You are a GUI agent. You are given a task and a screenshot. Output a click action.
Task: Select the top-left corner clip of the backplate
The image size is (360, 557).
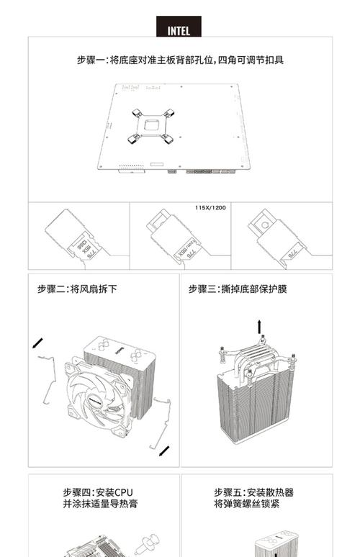(x=138, y=113)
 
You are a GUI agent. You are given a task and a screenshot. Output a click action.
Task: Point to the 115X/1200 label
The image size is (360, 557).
(x=210, y=207)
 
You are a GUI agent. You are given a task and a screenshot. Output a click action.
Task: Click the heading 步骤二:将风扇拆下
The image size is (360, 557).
(x=77, y=289)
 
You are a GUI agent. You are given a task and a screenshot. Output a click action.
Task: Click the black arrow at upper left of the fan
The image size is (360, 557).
(x=37, y=343)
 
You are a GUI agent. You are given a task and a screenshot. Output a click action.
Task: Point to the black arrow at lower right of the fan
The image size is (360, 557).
(x=165, y=450)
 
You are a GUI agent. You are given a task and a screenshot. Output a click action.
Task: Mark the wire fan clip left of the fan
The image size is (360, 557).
(x=48, y=389)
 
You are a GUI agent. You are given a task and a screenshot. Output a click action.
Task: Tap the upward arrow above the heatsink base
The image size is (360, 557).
(x=259, y=327)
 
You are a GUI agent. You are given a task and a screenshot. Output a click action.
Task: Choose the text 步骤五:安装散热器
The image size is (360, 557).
(x=253, y=493)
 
